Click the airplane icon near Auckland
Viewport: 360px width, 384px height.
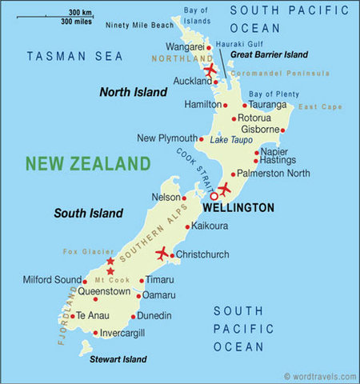point(210,70)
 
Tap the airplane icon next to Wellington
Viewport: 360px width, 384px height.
point(224,190)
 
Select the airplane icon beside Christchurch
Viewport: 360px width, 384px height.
point(163,254)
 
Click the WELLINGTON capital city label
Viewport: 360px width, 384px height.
point(238,207)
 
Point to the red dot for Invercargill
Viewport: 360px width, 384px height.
point(95,333)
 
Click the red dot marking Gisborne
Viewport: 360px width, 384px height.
point(282,130)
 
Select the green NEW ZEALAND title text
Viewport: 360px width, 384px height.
point(88,164)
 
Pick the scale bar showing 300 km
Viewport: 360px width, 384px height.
point(67,15)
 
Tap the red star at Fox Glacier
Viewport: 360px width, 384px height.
point(110,262)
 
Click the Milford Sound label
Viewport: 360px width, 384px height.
point(50,279)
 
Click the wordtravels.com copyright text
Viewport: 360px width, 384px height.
point(319,376)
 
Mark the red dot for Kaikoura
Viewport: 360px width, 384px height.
point(186,227)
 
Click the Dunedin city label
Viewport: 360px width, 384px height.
point(154,315)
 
